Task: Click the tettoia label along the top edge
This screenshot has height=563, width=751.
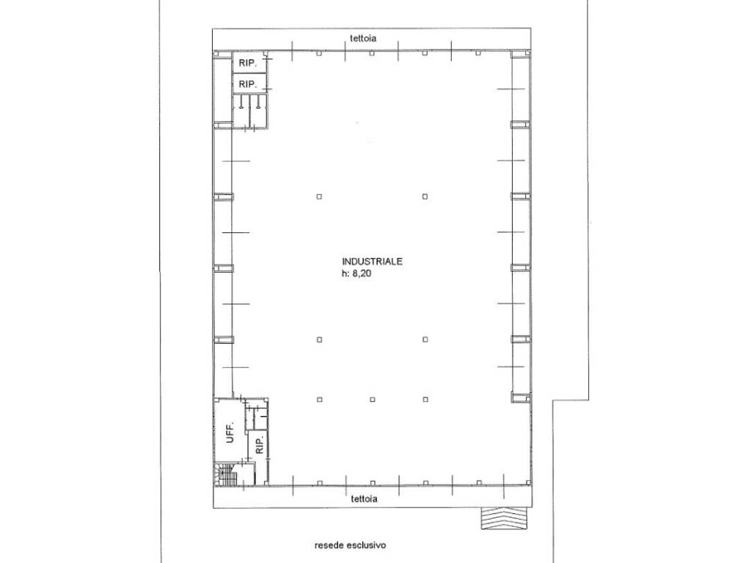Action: [362, 38]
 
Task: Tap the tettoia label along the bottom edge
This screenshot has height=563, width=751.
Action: [364, 498]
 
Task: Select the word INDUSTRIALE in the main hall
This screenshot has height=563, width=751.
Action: [372, 262]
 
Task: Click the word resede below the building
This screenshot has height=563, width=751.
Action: [329, 545]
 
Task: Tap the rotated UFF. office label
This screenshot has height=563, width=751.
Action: [230, 433]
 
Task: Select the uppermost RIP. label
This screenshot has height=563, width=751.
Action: [248, 63]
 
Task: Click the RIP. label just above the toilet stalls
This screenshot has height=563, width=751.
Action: [248, 84]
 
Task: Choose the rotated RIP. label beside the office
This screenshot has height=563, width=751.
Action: [260, 446]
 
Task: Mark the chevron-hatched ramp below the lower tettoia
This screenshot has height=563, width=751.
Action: [504, 518]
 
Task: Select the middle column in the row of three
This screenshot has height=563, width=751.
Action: [373, 400]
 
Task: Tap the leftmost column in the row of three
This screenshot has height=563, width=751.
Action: [320, 400]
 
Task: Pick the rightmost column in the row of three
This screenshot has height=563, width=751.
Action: [425, 400]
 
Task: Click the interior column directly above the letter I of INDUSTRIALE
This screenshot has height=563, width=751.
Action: [320, 196]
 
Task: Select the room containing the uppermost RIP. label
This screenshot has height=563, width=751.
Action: [249, 62]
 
